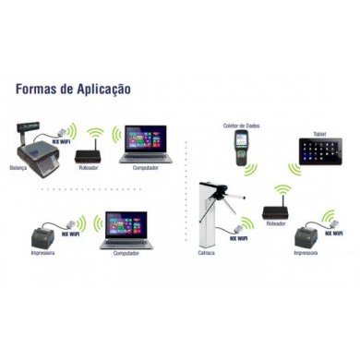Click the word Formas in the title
pos(38,89)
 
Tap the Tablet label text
pos(320,131)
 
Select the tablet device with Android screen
pos(319,149)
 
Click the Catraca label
pos(208,252)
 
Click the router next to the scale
pos(89,146)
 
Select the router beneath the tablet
pos(275,208)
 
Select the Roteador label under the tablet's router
pos(275,223)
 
